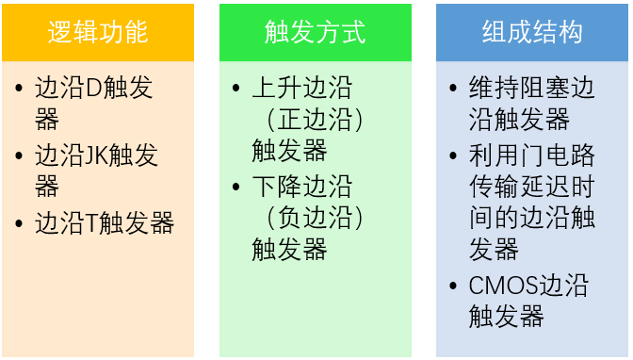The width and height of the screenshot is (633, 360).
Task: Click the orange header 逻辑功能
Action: coord(98,32)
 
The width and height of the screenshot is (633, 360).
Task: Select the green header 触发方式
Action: coord(316,32)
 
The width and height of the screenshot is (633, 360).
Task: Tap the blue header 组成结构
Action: coord(532,32)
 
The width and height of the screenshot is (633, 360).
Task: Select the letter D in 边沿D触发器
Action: coord(93,90)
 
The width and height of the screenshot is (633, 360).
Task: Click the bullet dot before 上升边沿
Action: coord(237,90)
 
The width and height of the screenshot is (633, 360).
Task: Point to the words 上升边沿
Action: coord(301,90)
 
